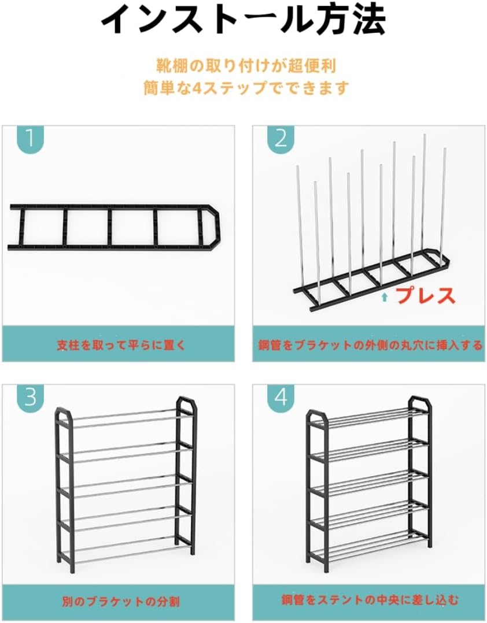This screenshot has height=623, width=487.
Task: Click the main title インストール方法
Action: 244,19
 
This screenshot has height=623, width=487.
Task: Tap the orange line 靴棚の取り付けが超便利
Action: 246,66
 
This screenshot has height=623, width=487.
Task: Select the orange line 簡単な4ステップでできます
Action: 246,88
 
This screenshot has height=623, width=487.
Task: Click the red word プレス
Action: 426,296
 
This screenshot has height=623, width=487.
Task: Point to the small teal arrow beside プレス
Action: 385,297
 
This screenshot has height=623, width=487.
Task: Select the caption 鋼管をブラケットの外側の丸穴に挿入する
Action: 370,344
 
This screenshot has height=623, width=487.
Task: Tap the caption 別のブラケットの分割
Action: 121,601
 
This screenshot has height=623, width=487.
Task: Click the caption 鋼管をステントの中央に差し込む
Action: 370,599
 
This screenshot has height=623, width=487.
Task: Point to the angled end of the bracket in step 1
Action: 215,227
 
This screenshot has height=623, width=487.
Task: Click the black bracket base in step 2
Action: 372,280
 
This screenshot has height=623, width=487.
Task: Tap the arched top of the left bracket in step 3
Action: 63,411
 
